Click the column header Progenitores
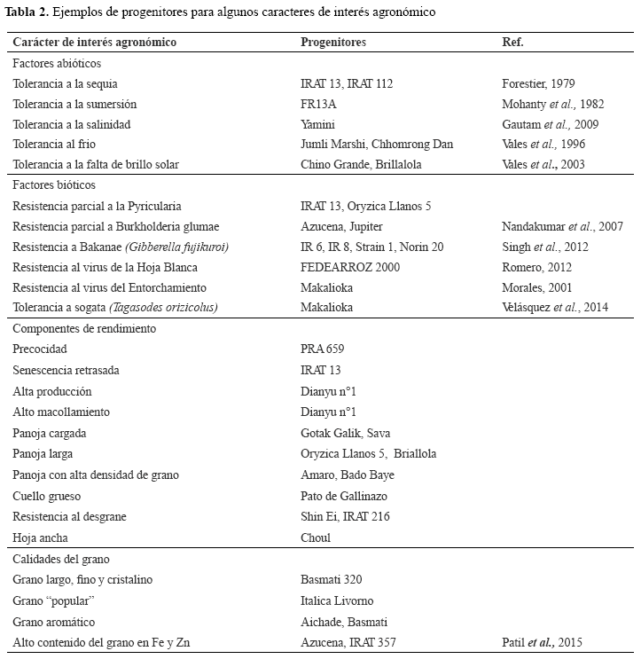[x=333, y=43]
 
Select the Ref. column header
[x=512, y=43]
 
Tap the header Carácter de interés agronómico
[x=95, y=43]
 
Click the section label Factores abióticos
[x=57, y=64]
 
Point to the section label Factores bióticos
[x=54, y=185]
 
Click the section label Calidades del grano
[x=61, y=560]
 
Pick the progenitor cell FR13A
[x=319, y=104]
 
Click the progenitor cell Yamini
[x=318, y=124]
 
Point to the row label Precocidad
[x=40, y=349]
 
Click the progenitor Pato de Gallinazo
[x=344, y=497]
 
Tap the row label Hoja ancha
[x=41, y=537]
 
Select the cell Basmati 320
[x=332, y=580]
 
